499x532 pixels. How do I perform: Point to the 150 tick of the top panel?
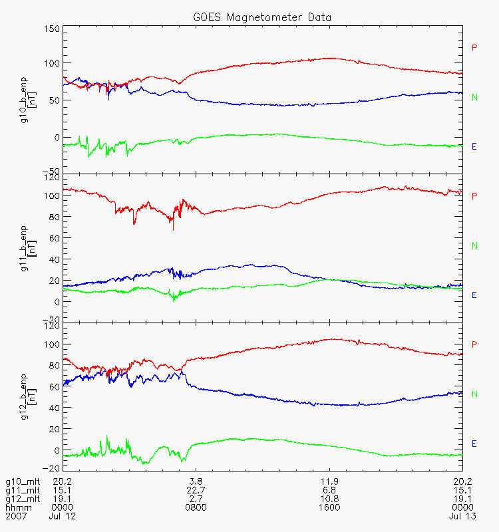click(51, 29)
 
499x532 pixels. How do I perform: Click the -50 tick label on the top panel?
click(51, 171)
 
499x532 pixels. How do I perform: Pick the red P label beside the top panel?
click(474, 47)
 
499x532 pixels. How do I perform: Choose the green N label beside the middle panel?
click(474, 245)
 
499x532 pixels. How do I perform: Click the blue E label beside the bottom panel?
click(474, 444)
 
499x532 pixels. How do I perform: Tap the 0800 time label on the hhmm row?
click(196, 507)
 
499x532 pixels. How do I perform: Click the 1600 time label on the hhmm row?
click(329, 507)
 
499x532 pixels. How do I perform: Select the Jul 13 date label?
click(462, 516)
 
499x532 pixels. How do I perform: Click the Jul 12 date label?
click(62, 516)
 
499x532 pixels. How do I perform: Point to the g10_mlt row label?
click(20, 481)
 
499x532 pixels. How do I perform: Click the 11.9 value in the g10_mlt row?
click(329, 481)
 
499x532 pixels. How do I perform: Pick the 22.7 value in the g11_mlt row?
click(196, 490)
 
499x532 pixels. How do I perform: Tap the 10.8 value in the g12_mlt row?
click(329, 499)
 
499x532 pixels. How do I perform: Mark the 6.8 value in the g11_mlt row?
click(329, 490)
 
